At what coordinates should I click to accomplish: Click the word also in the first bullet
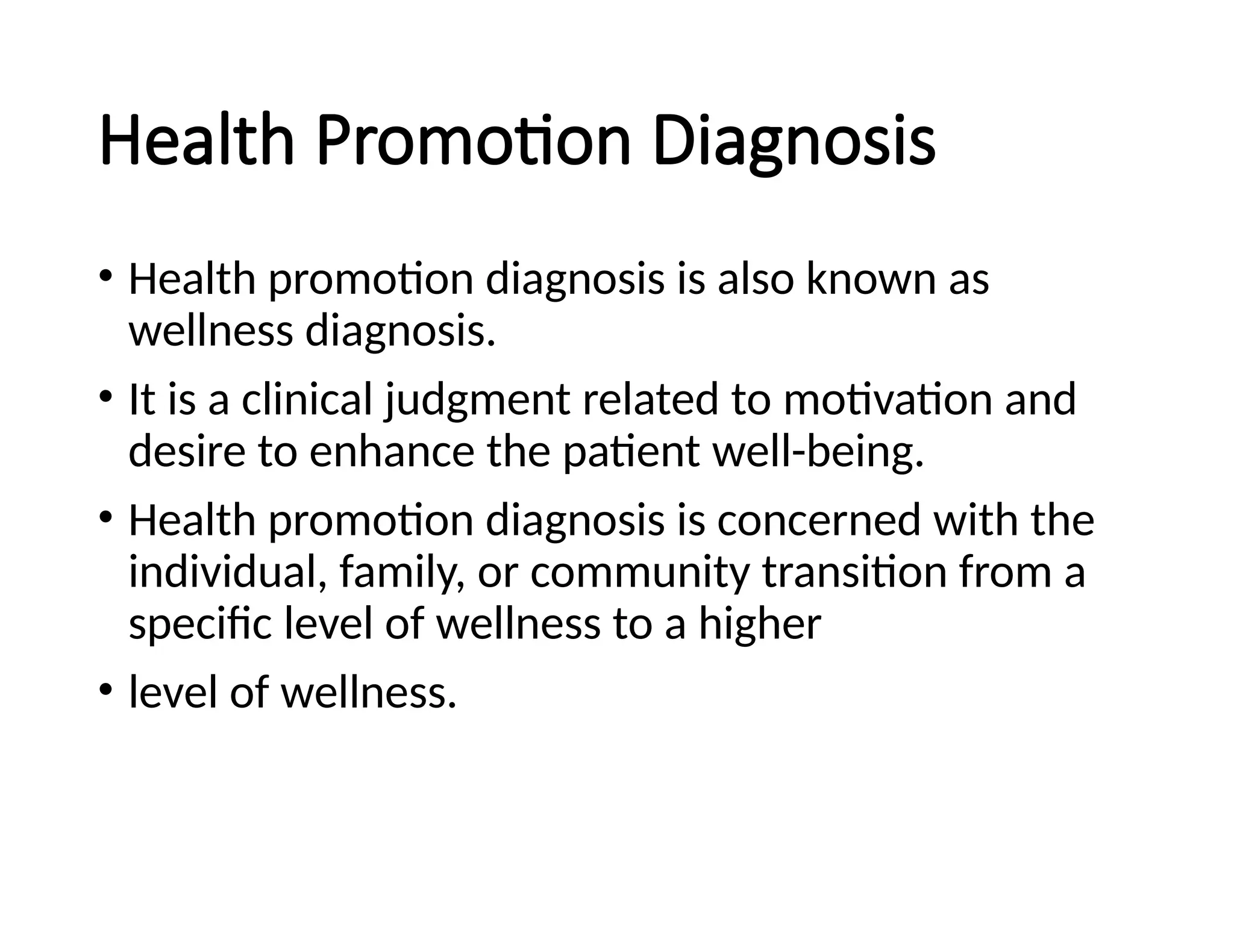coord(756,279)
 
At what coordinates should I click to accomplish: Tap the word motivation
coord(888,400)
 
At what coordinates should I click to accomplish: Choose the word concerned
coord(819,520)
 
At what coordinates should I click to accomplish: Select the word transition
coord(854,572)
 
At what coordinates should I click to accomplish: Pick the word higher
coord(760,624)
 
